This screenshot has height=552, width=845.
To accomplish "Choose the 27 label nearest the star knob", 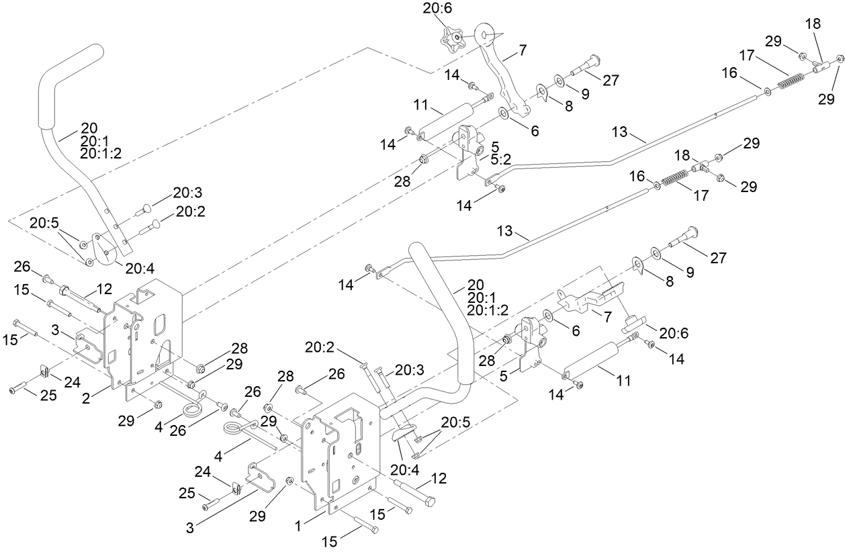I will tap(611, 79).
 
